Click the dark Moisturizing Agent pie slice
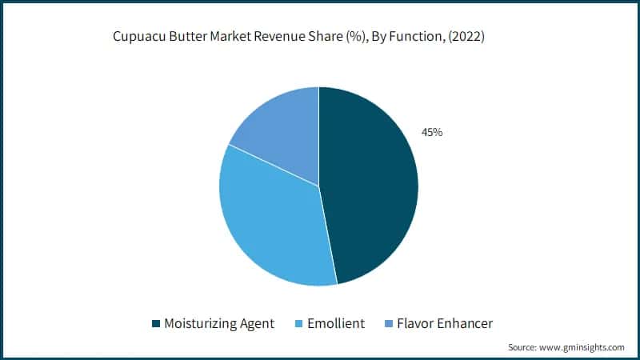click(x=372, y=184)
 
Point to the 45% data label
click(x=432, y=132)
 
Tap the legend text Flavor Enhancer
click(x=445, y=324)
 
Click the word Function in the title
click(x=415, y=37)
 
